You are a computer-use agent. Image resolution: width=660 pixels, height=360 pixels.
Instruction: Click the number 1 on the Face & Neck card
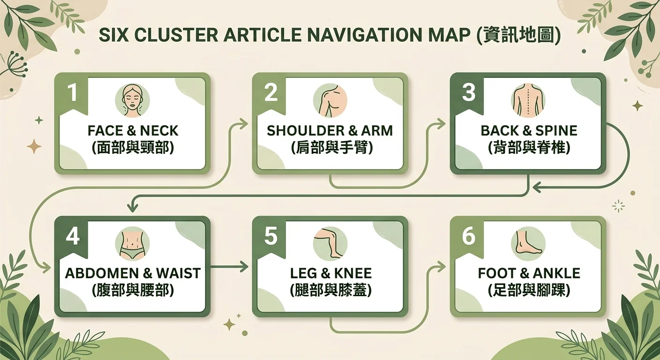click(72, 92)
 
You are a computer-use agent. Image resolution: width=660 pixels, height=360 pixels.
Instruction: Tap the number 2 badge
click(271, 92)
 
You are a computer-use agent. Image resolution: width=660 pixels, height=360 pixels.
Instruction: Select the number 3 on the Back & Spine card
click(469, 92)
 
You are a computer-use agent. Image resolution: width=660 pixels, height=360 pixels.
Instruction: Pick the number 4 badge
click(73, 236)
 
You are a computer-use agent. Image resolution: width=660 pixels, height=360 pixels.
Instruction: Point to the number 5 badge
click(271, 236)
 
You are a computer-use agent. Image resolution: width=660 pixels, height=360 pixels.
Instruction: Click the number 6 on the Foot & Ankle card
click(469, 236)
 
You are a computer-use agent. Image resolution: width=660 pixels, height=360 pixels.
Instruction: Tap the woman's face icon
click(132, 100)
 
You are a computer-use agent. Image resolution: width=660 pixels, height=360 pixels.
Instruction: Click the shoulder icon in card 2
click(330, 100)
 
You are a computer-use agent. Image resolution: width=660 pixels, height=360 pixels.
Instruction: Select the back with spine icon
click(528, 100)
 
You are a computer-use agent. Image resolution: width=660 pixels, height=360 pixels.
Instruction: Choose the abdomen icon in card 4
click(132, 244)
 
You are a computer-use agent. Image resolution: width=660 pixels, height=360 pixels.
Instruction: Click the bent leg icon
click(330, 244)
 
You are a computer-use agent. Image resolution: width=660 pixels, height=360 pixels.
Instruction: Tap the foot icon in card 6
click(528, 244)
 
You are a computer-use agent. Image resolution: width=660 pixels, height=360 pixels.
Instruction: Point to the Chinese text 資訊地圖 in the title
click(518, 35)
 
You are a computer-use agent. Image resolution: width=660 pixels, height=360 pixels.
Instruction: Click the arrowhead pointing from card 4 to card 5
click(244, 267)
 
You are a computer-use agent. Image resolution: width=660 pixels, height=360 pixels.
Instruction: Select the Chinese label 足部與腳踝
click(529, 291)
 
